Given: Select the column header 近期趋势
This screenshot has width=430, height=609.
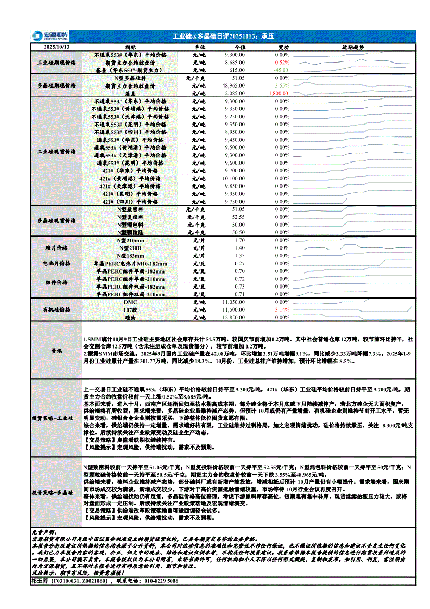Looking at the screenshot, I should pos(352,47).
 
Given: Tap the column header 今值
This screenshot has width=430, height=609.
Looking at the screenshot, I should pos(240,47).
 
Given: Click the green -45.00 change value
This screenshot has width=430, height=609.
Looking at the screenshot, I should pos(281,70).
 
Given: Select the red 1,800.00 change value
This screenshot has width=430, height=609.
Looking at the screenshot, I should pos(279,93).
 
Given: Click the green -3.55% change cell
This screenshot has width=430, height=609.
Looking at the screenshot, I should pos(281,85).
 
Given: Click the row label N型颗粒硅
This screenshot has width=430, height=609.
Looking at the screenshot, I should pos(130,232).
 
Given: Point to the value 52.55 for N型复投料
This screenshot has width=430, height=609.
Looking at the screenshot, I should pos(238,217).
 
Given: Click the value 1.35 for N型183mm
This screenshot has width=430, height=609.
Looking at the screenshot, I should pos(239,256).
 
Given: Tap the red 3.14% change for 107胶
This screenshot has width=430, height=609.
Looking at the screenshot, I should pos(282,309).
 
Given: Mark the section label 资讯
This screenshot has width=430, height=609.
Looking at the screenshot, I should pos(56,351).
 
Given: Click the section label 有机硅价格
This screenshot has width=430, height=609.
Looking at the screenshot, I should pos(56,309).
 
